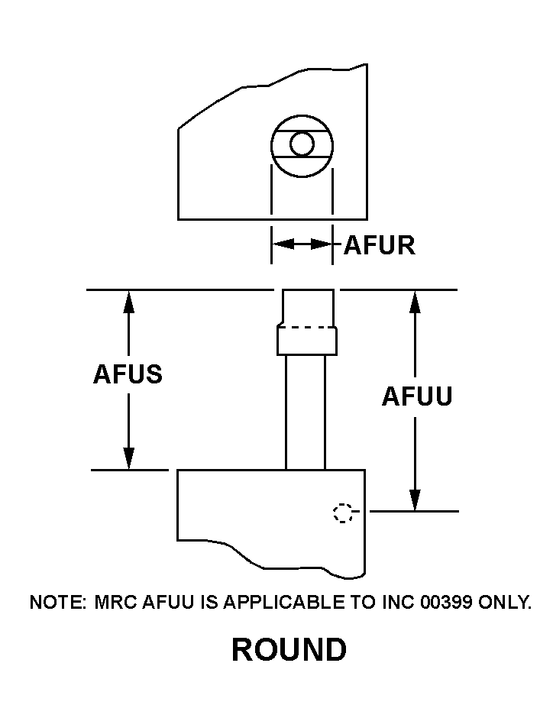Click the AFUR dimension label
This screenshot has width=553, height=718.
[x=380, y=245]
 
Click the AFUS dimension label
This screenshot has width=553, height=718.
[x=128, y=374]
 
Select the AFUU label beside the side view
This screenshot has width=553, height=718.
[x=417, y=396]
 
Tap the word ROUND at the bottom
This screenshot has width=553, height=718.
[x=289, y=650]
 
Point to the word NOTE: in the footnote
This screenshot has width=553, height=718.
[x=58, y=602]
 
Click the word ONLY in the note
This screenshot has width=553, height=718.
[x=505, y=602]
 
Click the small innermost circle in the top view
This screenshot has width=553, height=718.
[x=302, y=144]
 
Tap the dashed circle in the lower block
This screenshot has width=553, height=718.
[x=344, y=513]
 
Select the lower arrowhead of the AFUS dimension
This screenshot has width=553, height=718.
[x=128, y=458]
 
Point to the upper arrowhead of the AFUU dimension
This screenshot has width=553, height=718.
[x=415, y=301]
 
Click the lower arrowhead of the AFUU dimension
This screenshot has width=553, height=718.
[x=415, y=500]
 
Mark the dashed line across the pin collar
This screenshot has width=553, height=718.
[x=307, y=328]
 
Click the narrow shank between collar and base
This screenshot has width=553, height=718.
[x=306, y=412]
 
